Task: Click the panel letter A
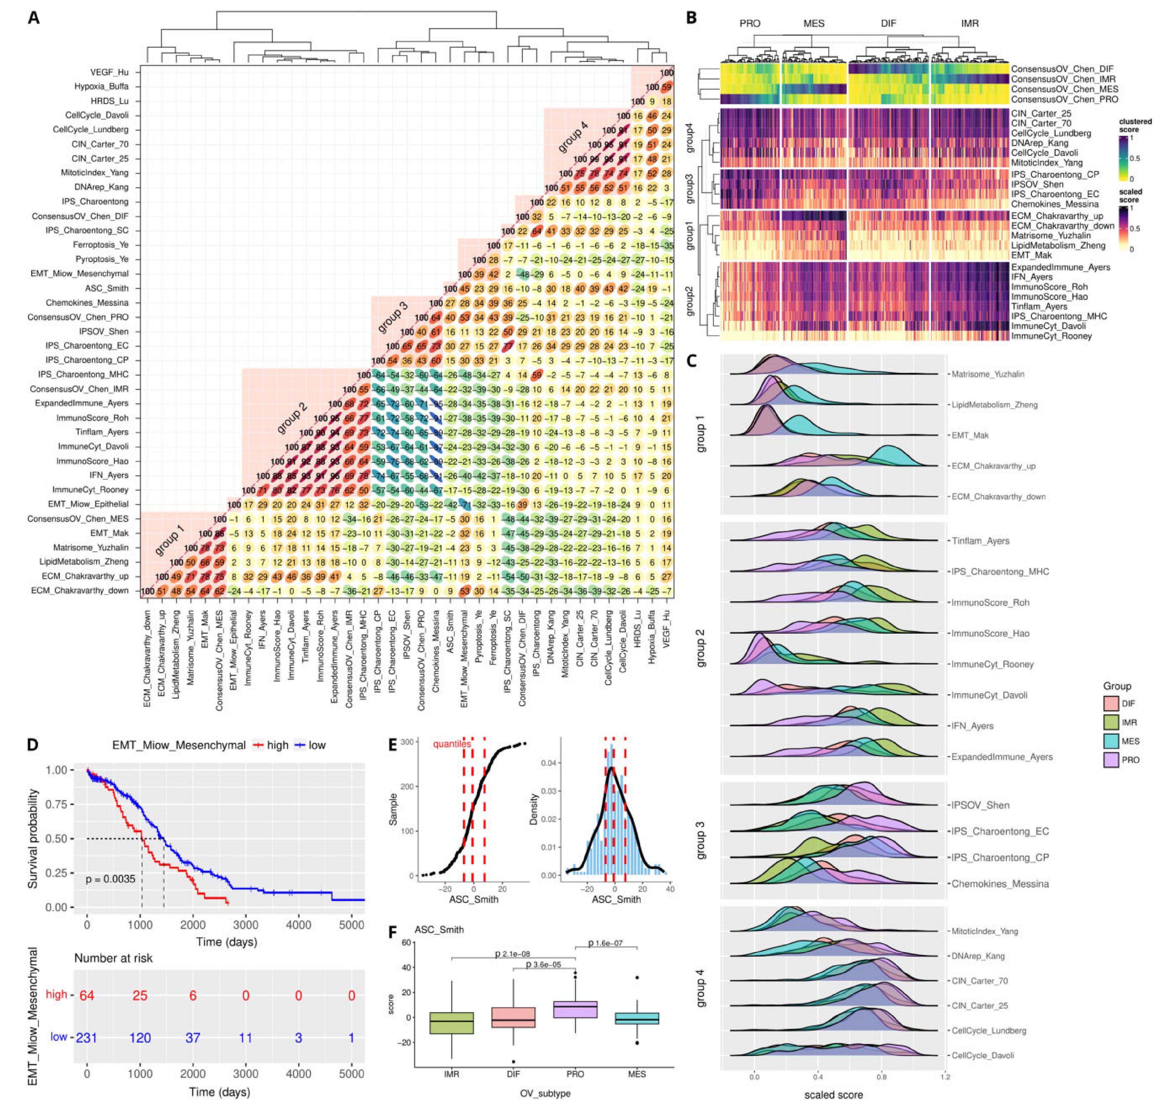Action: pyautogui.click(x=34, y=18)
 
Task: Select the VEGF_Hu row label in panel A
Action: pyautogui.click(x=110, y=72)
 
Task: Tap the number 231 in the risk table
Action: pyautogui.click(x=86, y=1037)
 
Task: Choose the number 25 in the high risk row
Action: pyautogui.click(x=140, y=995)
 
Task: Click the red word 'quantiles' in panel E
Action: pyautogui.click(x=452, y=743)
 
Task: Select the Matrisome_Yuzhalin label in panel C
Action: pyautogui.click(x=988, y=374)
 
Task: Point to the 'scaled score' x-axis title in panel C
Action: pyautogui.click(x=833, y=1095)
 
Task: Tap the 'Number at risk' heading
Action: pyautogui.click(x=113, y=958)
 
